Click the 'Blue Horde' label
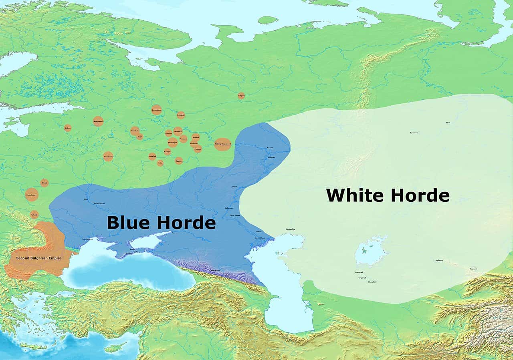[161, 223]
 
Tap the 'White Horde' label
[388, 195]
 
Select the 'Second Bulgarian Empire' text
[39, 258]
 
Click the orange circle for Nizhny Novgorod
[222, 144]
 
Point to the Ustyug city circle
[241, 95]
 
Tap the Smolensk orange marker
[108, 156]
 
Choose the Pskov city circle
[68, 128]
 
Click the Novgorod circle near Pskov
[98, 121]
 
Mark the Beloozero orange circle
[156, 110]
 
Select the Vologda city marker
[181, 115]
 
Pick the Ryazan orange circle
[179, 161]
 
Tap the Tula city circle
[160, 163]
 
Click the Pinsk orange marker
[44, 183]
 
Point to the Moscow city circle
[183, 139]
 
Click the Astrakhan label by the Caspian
[260, 238]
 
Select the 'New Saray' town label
[235, 215]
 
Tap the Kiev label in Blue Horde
[86, 199]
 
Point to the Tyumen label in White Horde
[414, 133]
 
